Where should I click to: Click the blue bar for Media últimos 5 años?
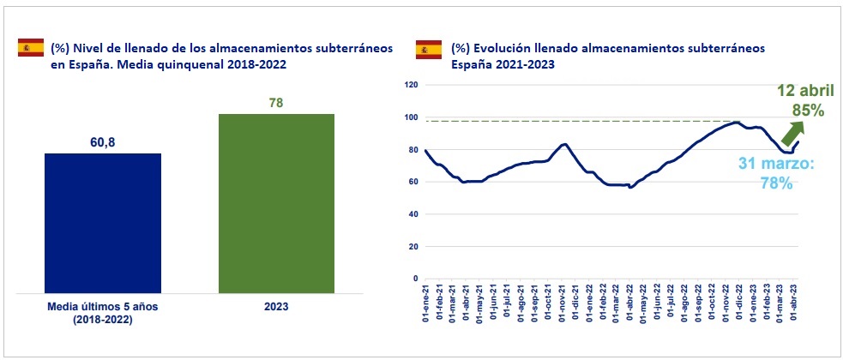click(103, 222)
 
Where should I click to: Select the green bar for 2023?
click(276, 202)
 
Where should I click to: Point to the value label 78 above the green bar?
click(275, 104)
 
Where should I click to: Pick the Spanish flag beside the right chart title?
click(429, 49)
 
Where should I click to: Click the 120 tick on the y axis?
click(409, 85)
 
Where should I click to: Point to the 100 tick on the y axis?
click(409, 117)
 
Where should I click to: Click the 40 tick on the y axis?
click(411, 214)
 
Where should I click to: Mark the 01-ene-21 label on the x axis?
click(426, 305)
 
